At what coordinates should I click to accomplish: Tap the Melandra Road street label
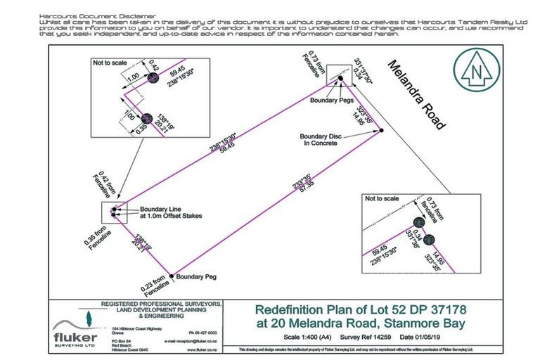tap(416, 94)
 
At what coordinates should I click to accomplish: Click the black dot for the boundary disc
tap(380, 130)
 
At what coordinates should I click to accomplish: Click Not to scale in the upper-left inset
tap(110, 62)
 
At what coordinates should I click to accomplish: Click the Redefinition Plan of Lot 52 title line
tap(356, 309)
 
